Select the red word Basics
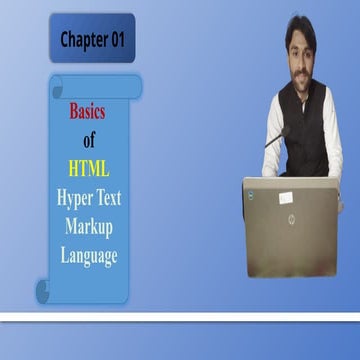tap(87, 113)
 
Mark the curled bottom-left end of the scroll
tap(44, 291)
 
